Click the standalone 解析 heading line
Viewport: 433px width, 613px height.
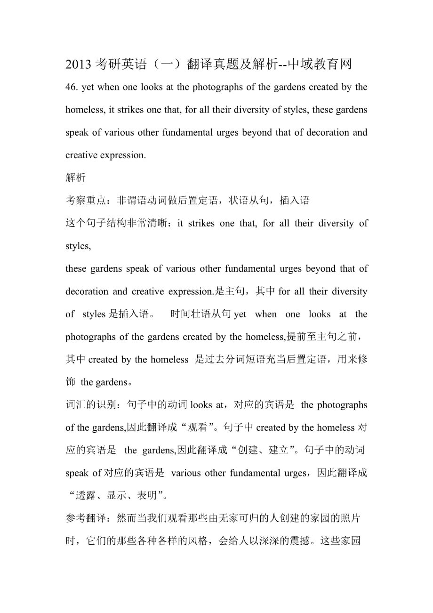(x=75, y=178)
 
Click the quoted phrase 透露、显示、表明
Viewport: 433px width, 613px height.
(x=120, y=496)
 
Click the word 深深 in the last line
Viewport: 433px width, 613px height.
(x=267, y=541)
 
